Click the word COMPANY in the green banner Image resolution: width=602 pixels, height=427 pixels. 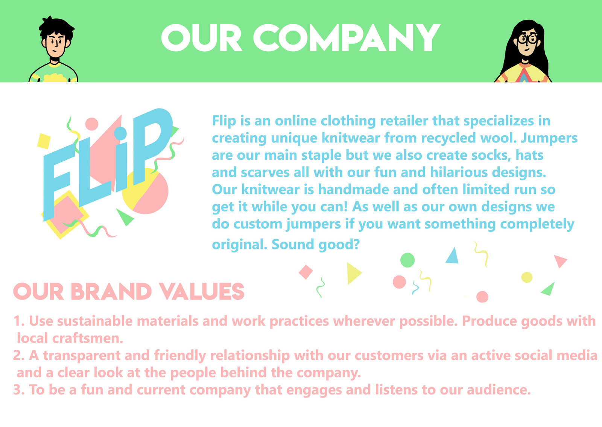pos(347,38)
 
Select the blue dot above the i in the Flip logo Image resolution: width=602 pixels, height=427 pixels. pos(120,133)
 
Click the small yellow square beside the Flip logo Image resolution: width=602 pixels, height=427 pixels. pos(44,141)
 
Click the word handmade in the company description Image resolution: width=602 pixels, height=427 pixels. pos(353,190)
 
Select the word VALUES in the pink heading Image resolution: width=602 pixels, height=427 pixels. pos(202,292)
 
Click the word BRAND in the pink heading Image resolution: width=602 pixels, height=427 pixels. pos(111,292)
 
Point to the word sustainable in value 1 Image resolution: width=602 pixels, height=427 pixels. pos(94,321)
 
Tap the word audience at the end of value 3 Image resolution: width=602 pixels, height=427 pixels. pos(499,390)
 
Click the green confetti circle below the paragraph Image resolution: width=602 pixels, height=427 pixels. pos(407,260)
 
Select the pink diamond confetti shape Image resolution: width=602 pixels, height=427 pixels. pos(306,272)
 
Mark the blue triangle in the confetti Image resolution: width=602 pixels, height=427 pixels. pos(453,256)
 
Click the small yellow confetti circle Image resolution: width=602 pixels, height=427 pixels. pos(527,277)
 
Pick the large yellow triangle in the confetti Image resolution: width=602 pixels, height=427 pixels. pos(353,273)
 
